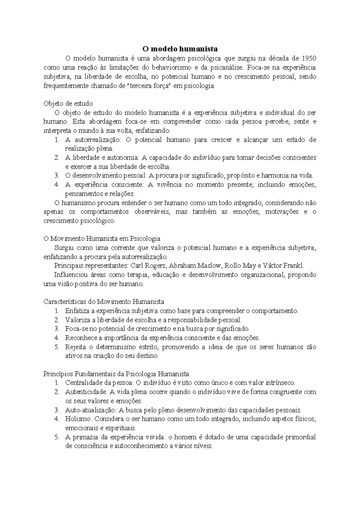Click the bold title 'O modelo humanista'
[x=180, y=49]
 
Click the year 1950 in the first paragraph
[x=309, y=58]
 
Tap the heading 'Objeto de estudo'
[x=68, y=104]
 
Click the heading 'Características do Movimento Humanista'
[x=104, y=302]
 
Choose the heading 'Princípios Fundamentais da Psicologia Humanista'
[x=116, y=374]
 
